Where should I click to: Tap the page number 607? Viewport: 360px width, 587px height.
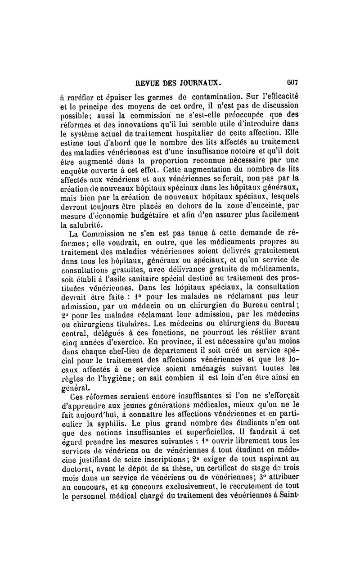tap(294, 83)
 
